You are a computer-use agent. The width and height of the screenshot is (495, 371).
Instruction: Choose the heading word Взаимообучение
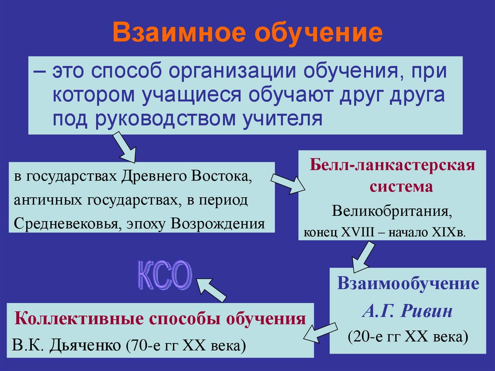tap(408, 283)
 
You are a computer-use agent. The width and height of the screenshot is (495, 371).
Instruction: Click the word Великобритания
tap(392, 211)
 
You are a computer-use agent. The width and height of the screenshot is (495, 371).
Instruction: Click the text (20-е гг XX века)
tap(408, 337)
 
